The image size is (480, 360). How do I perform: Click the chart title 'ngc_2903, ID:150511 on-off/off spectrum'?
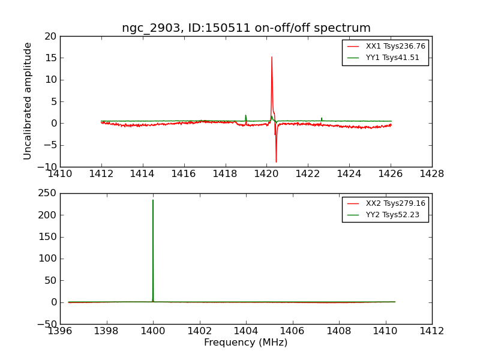(x=246, y=28)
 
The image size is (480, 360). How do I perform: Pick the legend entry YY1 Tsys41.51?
(x=392, y=58)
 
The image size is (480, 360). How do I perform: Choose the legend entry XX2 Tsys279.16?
(x=395, y=203)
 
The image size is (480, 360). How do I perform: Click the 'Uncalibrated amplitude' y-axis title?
(x=28, y=101)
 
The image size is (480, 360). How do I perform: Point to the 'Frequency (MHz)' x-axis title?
(x=246, y=343)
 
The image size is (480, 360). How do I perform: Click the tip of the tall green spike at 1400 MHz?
(x=153, y=200)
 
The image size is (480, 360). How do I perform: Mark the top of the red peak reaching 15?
(x=272, y=57)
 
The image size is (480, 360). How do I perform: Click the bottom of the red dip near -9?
(x=276, y=162)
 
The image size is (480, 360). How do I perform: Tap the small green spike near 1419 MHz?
(x=245, y=115)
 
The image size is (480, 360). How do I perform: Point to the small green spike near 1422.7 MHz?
(x=322, y=118)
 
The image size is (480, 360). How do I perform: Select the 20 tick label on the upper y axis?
(x=50, y=36)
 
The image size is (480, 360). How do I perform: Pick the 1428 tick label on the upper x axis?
(x=432, y=174)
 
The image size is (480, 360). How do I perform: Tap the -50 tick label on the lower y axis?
(x=46, y=324)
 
